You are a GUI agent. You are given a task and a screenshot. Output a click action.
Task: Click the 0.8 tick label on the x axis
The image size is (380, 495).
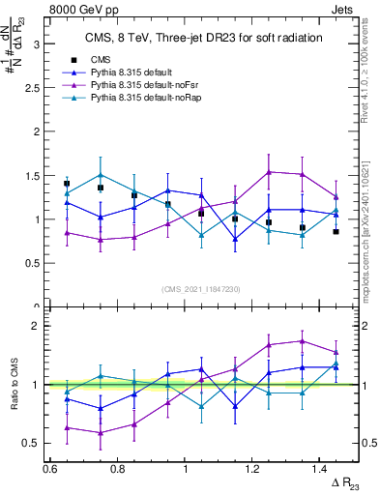[x=117, y=468]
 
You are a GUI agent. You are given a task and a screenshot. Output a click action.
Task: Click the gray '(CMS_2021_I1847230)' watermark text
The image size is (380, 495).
[x=202, y=289]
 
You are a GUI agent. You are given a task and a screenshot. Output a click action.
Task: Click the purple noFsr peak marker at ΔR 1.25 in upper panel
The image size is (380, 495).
[x=269, y=172]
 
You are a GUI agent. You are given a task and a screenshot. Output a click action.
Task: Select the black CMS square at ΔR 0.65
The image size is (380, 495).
[x=67, y=183]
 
